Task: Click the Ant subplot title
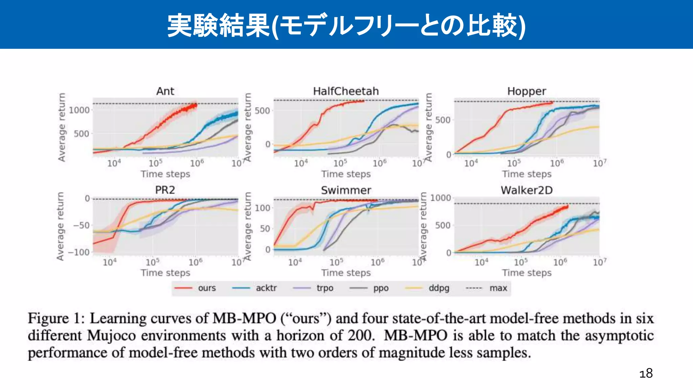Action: coord(165,91)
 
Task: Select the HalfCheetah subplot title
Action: coord(346,91)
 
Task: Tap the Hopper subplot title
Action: coord(527,91)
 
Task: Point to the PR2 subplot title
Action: coord(165,190)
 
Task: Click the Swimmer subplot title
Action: coord(346,190)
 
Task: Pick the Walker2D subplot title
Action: coord(527,190)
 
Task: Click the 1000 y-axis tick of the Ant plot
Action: coord(79,110)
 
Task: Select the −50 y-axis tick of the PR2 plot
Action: coord(82,225)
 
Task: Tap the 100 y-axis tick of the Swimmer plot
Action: coord(263,208)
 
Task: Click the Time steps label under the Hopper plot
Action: coord(527,174)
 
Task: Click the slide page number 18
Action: coord(646,373)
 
